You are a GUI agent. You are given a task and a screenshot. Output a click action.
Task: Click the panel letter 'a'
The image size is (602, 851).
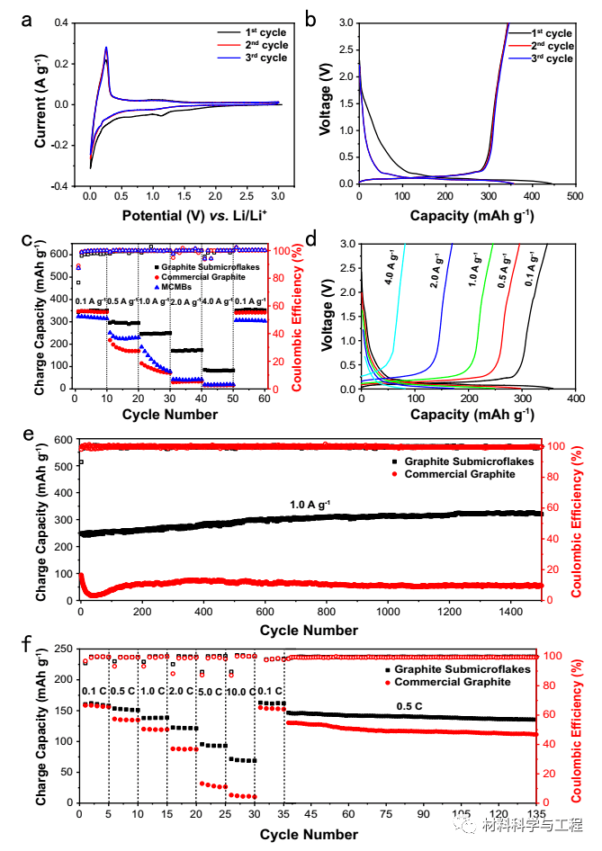[x=26, y=21]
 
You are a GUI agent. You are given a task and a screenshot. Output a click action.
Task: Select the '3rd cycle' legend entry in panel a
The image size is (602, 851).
[x=253, y=58]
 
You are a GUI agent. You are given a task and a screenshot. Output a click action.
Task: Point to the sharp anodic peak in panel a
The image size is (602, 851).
[x=106, y=48]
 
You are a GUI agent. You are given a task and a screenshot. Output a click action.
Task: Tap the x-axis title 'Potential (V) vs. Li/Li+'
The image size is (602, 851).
[x=194, y=216]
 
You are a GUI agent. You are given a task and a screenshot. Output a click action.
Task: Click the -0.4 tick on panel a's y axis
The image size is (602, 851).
[x=61, y=186]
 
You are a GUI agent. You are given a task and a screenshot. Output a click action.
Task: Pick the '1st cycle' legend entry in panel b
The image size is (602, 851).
[x=541, y=33]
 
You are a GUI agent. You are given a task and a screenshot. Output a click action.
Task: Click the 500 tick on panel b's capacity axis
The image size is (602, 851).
[x=575, y=196]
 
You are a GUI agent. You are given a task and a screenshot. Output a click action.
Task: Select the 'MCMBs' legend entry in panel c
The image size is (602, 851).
[x=173, y=287]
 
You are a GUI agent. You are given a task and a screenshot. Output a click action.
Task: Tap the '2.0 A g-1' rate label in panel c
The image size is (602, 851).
[x=185, y=301]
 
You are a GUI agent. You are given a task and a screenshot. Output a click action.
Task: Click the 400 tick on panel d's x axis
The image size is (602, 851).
[x=576, y=399]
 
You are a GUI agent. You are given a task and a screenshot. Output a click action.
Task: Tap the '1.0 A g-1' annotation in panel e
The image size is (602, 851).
[x=310, y=505]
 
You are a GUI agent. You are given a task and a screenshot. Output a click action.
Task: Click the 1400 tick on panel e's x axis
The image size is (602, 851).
[x=510, y=612]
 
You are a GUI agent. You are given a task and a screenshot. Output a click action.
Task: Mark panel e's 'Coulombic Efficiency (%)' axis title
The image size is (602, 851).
[x=576, y=522]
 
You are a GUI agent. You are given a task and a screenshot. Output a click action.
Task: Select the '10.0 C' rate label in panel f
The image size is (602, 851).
[x=240, y=692]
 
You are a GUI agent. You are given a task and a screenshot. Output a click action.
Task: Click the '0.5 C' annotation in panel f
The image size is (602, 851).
[x=409, y=706]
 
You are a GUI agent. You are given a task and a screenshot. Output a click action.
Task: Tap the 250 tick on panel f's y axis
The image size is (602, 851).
[x=64, y=649]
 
